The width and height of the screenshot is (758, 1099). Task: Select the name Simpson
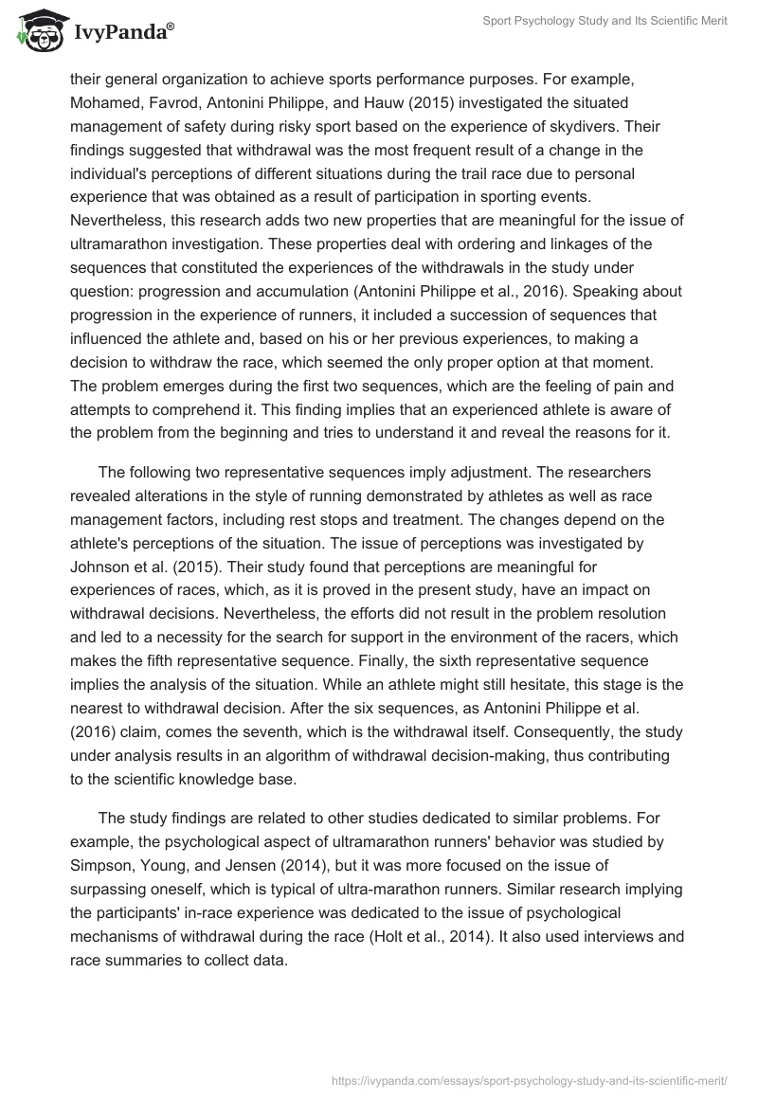109,870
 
